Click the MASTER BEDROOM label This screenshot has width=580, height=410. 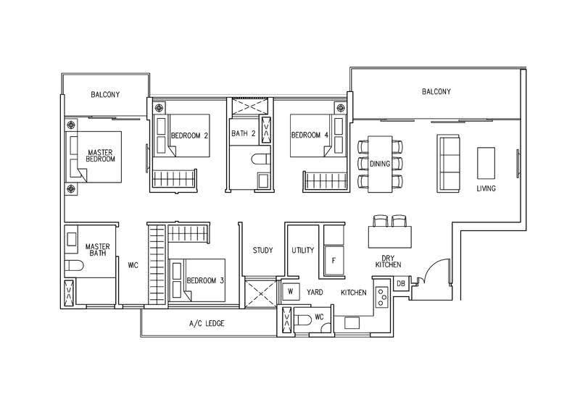click(100, 156)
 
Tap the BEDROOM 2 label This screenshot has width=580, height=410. click(189, 135)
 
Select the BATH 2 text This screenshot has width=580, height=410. click(244, 133)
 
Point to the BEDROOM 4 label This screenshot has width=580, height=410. click(310, 135)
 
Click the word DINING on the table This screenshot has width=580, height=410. click(380, 164)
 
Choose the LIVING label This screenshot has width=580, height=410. click(486, 188)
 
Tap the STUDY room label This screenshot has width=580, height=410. click(262, 251)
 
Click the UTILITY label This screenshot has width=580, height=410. click(302, 251)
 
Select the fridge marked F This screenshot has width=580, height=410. click(334, 261)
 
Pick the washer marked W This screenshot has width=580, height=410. click(291, 291)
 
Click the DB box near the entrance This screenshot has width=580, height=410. click(401, 283)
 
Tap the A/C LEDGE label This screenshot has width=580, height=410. click(207, 324)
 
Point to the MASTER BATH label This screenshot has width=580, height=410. click(98, 250)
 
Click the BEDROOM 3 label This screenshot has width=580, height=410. click(205, 280)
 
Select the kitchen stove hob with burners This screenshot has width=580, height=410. click(382, 297)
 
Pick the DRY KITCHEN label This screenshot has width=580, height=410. click(388, 262)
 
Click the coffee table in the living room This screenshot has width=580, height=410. click(486, 163)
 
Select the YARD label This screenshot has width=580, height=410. click(315, 292)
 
